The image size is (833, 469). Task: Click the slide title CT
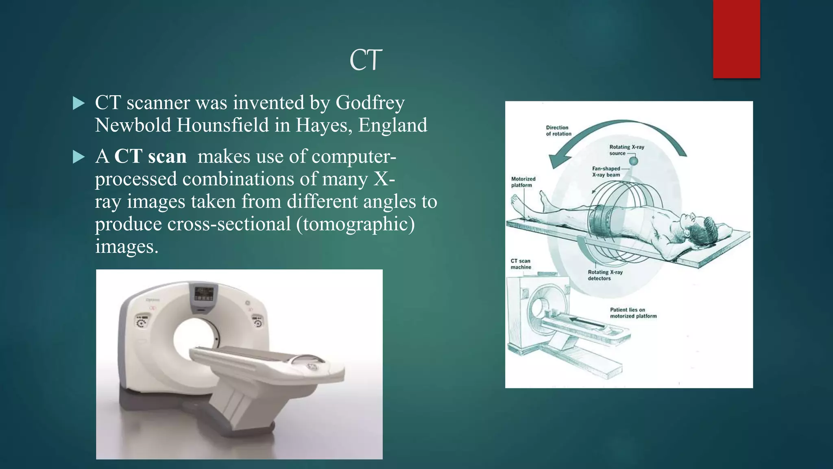point(366,60)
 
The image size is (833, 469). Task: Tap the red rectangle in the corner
point(736,39)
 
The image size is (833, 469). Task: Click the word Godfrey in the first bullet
point(370,103)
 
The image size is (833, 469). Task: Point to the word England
point(393,125)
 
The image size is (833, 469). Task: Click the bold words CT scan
point(150,156)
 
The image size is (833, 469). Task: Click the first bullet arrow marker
point(79,103)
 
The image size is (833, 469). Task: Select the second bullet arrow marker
point(79,157)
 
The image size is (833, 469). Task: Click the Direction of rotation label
point(558,131)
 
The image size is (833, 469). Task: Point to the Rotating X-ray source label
point(626,150)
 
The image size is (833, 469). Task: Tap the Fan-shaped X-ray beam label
point(606,171)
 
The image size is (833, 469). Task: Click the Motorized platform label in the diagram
point(523,182)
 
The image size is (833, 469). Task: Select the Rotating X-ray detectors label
point(605,275)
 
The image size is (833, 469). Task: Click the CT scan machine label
point(521,264)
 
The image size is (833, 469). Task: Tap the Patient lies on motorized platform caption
point(633,313)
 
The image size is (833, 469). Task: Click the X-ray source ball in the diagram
point(634,161)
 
